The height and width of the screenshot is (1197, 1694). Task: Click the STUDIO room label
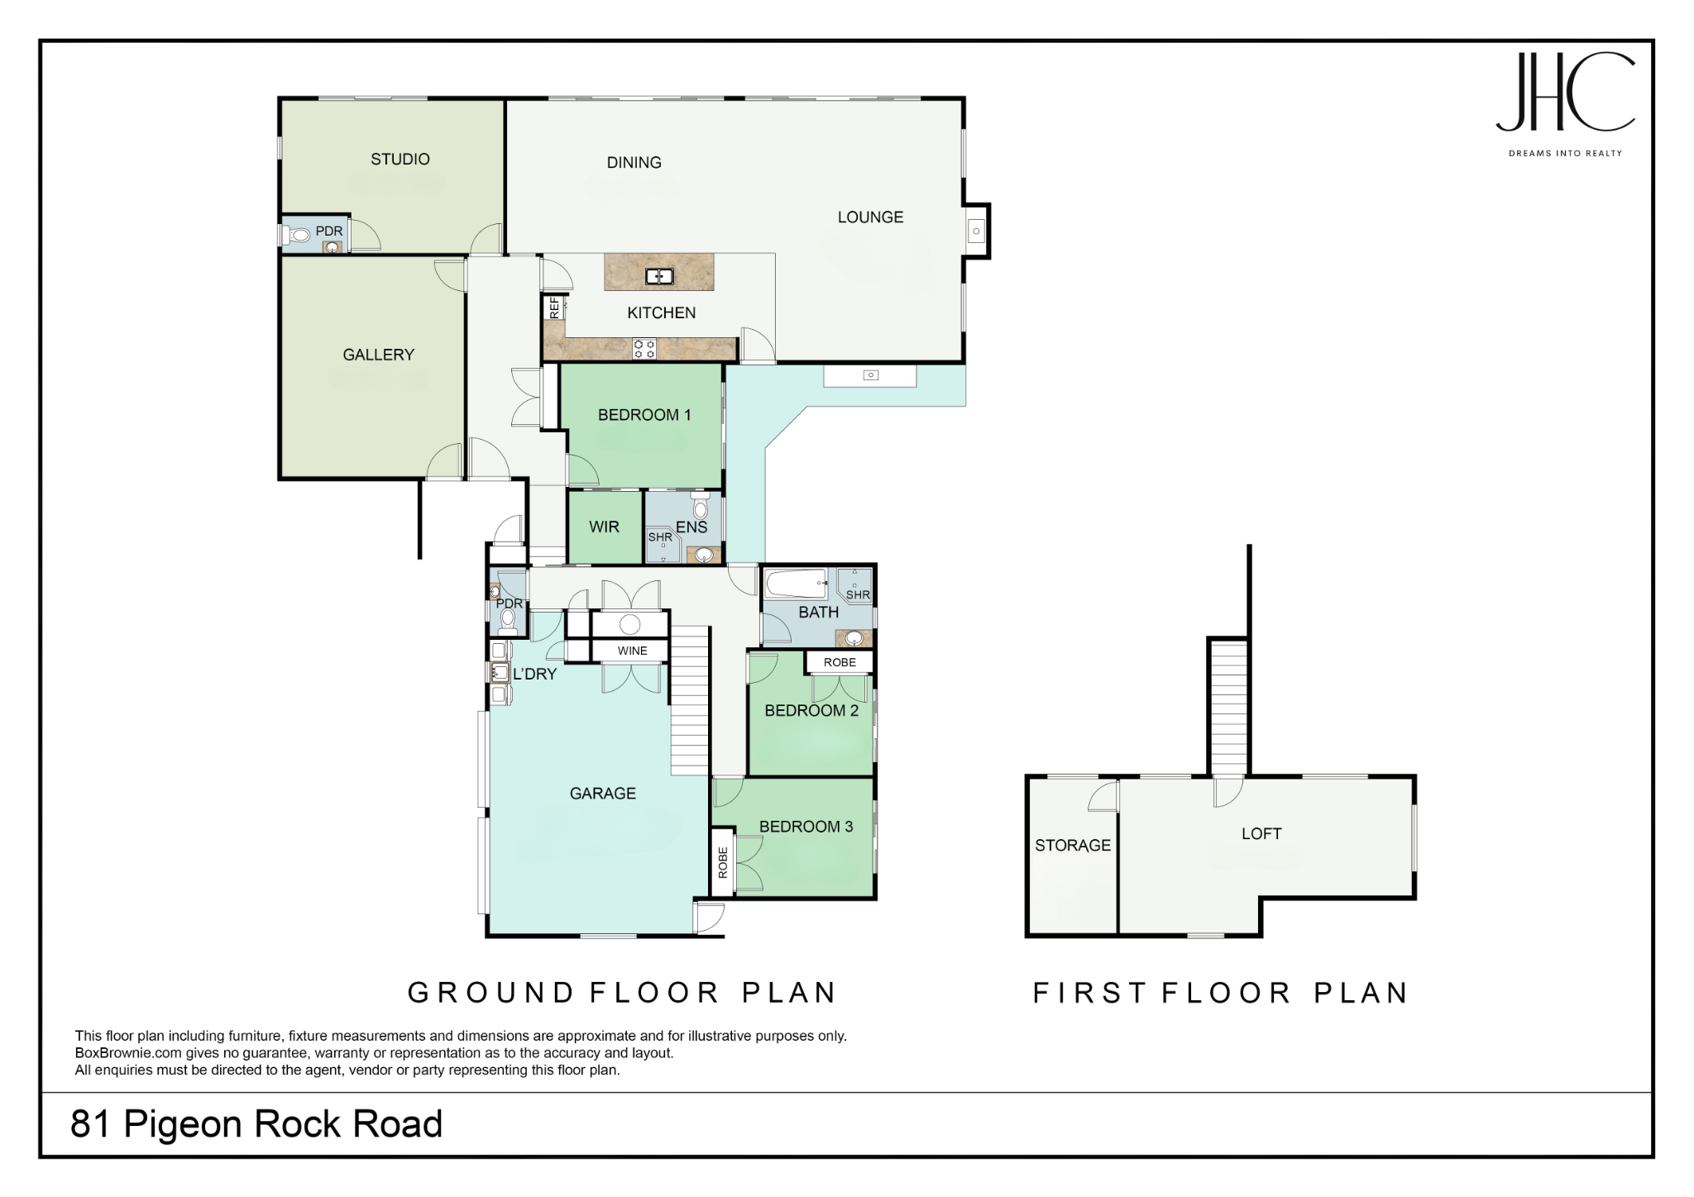tap(400, 159)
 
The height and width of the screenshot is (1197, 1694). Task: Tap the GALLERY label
tap(379, 355)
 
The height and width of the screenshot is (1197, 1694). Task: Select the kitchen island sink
tap(659, 276)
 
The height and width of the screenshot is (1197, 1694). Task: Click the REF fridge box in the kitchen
tap(554, 308)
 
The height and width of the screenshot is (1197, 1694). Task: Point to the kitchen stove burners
tap(644, 349)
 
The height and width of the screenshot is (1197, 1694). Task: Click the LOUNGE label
tap(870, 217)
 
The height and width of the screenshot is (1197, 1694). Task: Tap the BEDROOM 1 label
tap(644, 415)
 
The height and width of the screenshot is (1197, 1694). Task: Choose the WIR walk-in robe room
tap(605, 527)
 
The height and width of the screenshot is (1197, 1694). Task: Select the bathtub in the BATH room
tap(796, 584)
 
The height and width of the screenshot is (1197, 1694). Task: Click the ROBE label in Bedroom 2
tap(840, 662)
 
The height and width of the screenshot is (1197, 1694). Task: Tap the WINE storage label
tap(633, 651)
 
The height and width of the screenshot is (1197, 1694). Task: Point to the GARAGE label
tap(603, 794)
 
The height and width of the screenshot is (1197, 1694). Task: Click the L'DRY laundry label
tap(535, 674)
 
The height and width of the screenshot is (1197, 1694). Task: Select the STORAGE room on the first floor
tap(1073, 856)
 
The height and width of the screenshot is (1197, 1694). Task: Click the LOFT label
tap(1261, 834)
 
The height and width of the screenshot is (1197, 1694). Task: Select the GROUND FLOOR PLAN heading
tap(623, 992)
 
